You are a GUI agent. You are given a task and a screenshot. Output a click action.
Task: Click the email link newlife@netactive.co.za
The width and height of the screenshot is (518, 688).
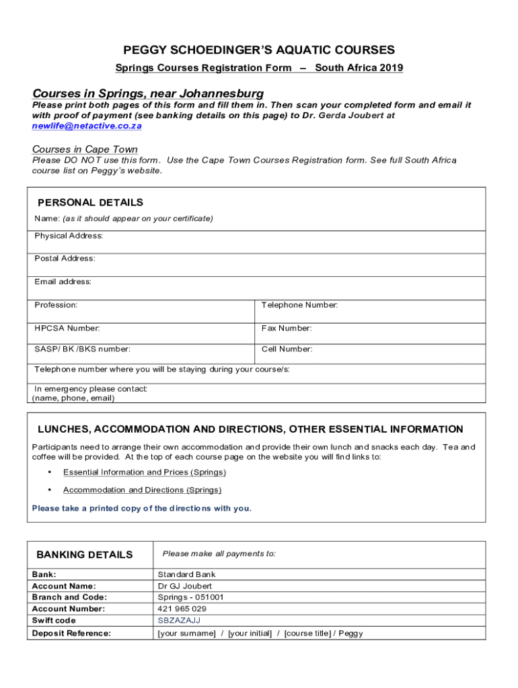[x=87, y=126]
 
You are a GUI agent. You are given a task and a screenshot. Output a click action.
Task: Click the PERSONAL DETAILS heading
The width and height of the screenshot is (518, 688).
[x=90, y=202]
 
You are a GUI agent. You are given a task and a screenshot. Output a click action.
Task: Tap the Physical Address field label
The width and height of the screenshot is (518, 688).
[x=69, y=236]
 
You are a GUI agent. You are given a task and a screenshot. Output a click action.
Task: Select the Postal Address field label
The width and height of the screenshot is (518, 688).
[x=65, y=259]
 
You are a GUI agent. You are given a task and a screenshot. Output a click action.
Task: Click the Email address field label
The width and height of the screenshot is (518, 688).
[x=63, y=282]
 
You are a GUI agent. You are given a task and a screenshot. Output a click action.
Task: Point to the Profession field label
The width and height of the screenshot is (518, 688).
[x=56, y=305]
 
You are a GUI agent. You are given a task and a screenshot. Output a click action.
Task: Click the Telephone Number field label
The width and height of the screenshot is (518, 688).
[x=299, y=305]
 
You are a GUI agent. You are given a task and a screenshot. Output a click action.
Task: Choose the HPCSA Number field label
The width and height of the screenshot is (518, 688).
[x=67, y=329]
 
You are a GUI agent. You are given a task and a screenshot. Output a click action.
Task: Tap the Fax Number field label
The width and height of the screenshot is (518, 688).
[x=287, y=329]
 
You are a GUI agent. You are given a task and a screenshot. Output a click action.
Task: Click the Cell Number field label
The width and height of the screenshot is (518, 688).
[x=287, y=349]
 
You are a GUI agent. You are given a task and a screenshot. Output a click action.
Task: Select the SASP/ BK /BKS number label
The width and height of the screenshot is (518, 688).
[x=83, y=349]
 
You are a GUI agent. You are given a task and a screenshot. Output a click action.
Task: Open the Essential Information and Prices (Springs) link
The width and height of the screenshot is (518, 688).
[x=145, y=472]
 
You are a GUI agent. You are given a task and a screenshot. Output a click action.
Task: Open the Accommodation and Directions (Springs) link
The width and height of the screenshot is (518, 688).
[x=142, y=490]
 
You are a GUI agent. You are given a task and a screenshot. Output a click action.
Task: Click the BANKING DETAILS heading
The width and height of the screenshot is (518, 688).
[x=85, y=555]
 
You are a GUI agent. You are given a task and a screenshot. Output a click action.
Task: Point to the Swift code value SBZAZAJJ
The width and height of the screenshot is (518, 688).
[x=179, y=621]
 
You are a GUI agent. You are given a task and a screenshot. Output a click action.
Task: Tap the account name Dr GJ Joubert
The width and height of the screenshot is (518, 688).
[x=184, y=586]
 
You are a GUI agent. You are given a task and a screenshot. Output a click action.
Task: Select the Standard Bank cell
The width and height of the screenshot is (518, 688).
[x=186, y=574]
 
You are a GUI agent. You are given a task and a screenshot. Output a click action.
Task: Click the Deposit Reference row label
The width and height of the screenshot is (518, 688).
[x=71, y=633]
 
